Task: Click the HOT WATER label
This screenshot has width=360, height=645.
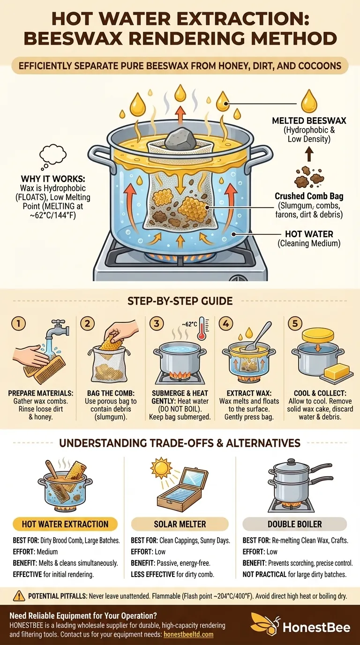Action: tap(309, 234)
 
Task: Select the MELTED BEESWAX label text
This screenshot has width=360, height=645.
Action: tap(309, 120)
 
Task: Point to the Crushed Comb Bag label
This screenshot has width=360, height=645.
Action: tap(309, 196)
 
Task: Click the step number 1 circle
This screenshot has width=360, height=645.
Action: tap(18, 323)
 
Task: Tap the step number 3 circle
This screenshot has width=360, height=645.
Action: tap(157, 323)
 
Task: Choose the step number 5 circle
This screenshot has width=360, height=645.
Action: tap(295, 323)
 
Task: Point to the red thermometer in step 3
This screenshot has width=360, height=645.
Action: tap(202, 329)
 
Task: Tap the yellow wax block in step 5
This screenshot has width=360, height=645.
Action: tap(337, 371)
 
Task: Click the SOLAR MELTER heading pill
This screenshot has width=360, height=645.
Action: tap(180, 524)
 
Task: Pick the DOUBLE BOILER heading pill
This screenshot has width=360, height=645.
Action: tap(295, 524)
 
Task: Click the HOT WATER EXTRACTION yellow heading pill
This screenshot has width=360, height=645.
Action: tap(65, 524)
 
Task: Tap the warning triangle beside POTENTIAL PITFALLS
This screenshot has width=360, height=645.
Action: tap(19, 596)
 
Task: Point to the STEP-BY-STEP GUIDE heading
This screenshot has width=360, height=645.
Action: tap(180, 301)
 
